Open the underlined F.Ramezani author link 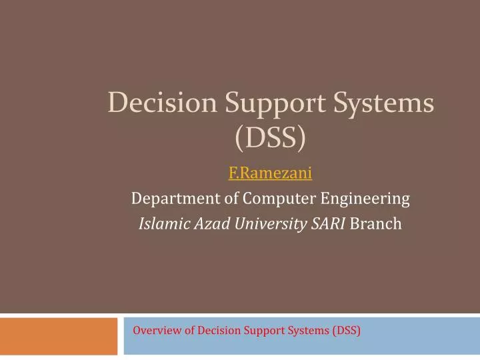coord(270,174)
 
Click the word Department coord(169,199)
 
